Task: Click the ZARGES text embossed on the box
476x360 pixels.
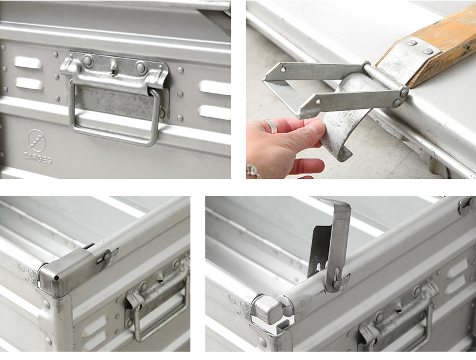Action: (x=37, y=158)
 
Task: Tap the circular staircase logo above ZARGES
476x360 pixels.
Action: (x=37, y=140)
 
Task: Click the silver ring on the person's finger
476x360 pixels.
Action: (x=271, y=126)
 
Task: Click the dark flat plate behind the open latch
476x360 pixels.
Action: (x=319, y=251)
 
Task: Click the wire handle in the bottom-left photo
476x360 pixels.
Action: (x=160, y=312)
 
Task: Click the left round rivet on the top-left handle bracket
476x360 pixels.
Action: (x=88, y=62)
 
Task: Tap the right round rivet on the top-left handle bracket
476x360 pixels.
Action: (x=141, y=68)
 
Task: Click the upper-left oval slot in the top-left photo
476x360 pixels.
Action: (x=27, y=62)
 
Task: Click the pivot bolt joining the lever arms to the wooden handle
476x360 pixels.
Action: (x=404, y=92)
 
